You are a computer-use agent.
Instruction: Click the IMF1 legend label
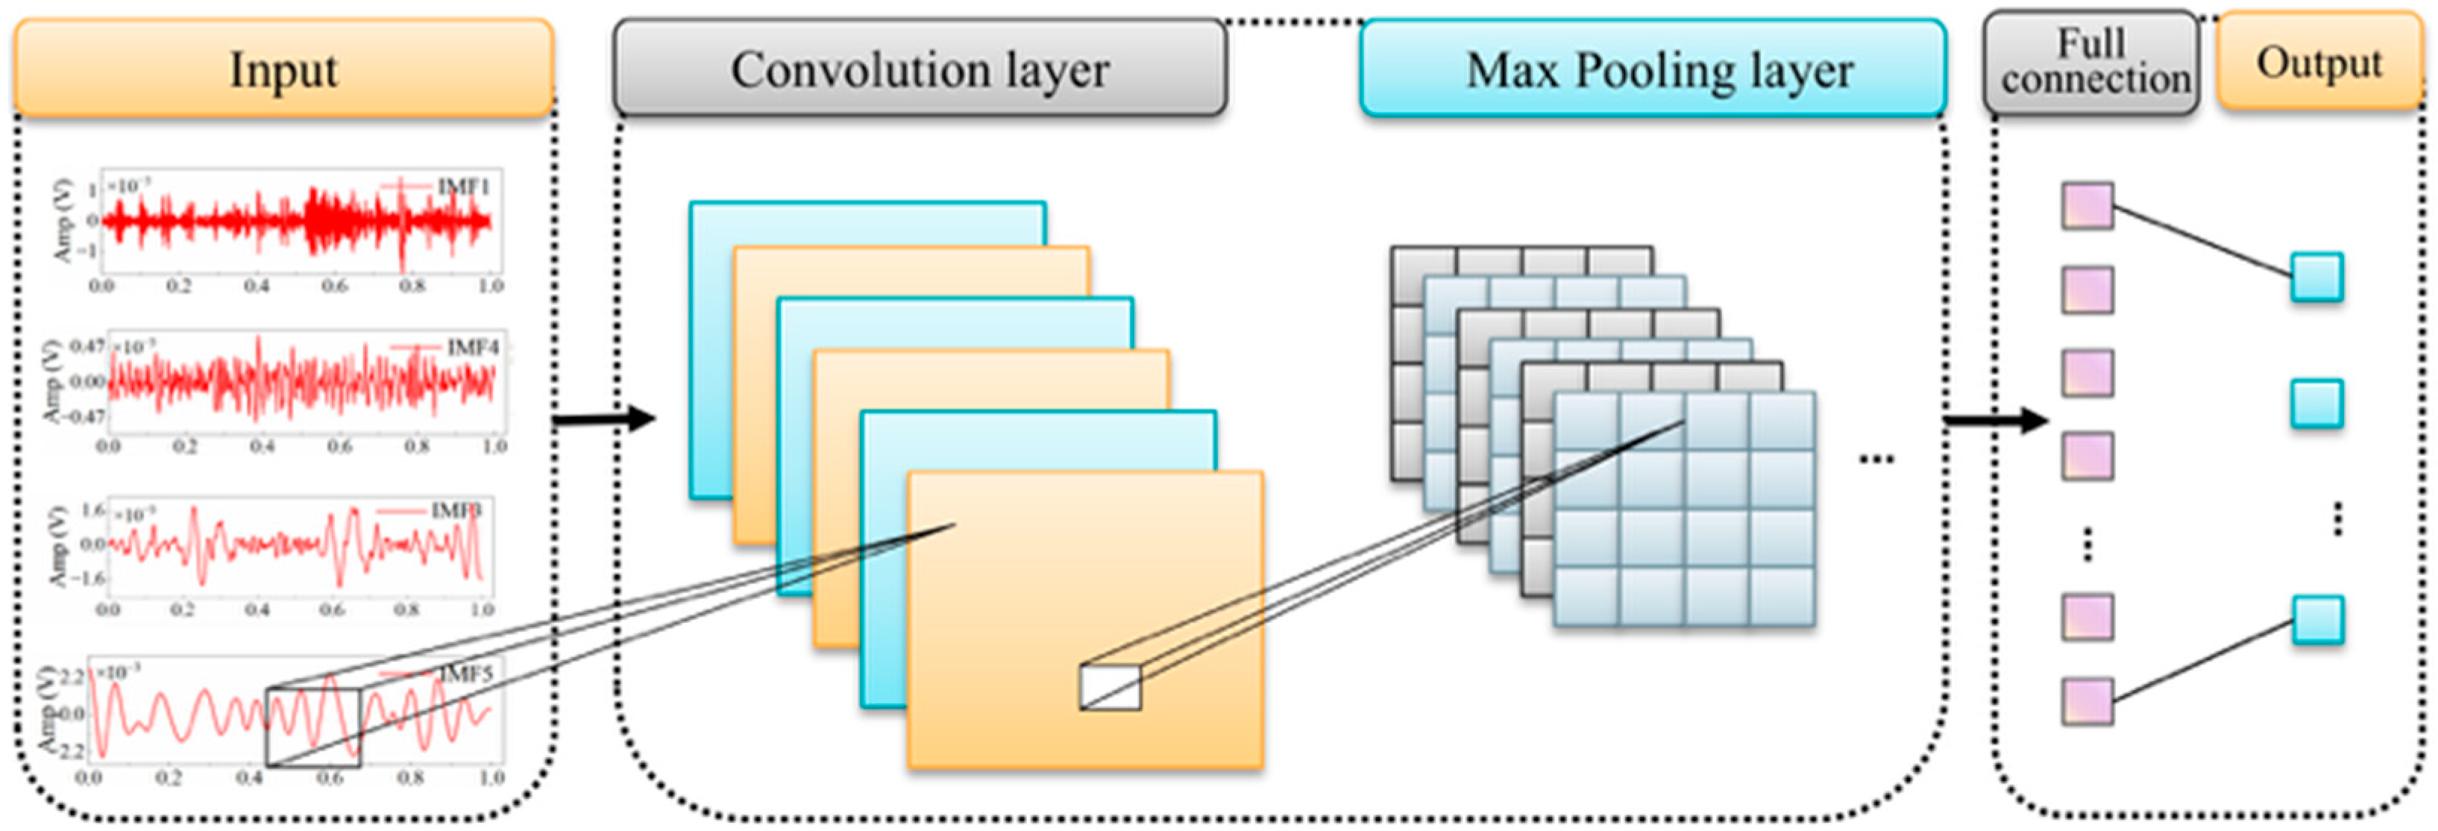click(463, 186)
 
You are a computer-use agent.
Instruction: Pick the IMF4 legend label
click(471, 348)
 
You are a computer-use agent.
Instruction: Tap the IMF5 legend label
click(465, 674)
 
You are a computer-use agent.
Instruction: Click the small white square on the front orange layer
click(1110, 688)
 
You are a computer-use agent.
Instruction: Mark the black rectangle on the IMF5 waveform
click(312, 727)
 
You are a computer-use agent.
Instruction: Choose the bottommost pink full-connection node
click(2087, 701)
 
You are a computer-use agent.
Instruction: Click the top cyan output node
click(2317, 277)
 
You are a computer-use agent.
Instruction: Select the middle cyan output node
click(2317, 404)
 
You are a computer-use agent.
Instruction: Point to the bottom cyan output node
click(2317, 620)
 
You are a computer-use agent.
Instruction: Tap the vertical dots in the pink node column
click(2087, 545)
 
